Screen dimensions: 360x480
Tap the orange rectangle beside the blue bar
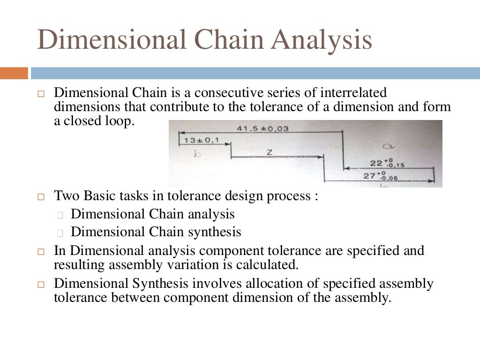pyautogui.click(x=14, y=73)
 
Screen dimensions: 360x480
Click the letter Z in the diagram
pyautogui.click(x=270, y=152)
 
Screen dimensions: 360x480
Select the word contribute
pyautogui.click(x=179, y=106)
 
